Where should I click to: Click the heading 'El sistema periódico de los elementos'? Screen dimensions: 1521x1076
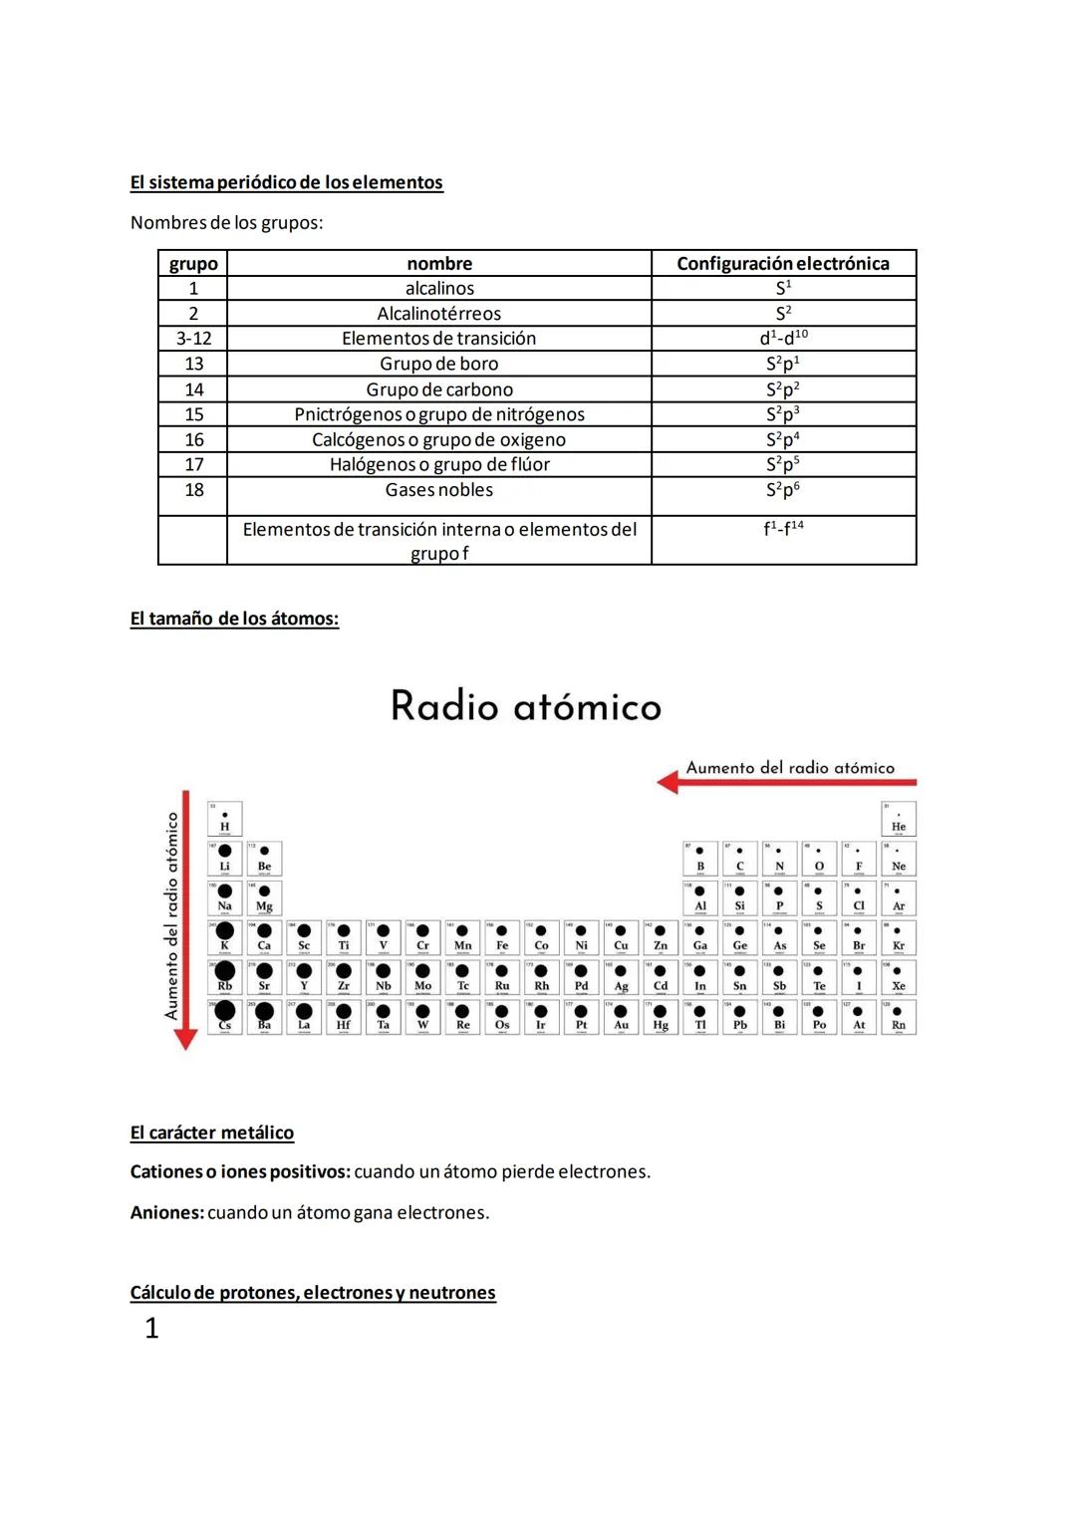pyautogui.click(x=286, y=182)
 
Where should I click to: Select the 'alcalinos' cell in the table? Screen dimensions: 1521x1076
pyautogui.click(x=439, y=288)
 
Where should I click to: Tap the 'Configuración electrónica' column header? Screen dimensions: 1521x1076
pyautogui.click(x=783, y=263)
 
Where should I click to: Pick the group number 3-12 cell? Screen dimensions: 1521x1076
pyautogui.click(x=193, y=339)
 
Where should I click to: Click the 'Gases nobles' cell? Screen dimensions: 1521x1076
pyautogui.click(x=439, y=490)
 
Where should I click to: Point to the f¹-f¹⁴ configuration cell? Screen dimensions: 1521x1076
pyautogui.click(x=783, y=529)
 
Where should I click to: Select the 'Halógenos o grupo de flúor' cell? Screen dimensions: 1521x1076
pyautogui.click(x=439, y=464)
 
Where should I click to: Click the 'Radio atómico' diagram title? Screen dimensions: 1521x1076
pyautogui.click(x=526, y=706)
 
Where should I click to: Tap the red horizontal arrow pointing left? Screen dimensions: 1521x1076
pyautogui.click(x=787, y=783)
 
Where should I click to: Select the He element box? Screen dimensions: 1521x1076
pyautogui.click(x=899, y=819)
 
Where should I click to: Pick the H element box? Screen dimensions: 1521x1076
pyautogui.click(x=225, y=819)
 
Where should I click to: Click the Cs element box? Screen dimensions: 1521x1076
pyautogui.click(x=225, y=1017)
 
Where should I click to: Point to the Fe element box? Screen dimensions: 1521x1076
pyautogui.click(x=502, y=937)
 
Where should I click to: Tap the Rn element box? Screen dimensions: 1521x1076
pyautogui.click(x=899, y=1017)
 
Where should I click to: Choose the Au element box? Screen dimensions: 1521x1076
pyautogui.click(x=621, y=1017)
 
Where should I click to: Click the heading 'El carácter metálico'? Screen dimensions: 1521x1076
pyautogui.click(x=211, y=1133)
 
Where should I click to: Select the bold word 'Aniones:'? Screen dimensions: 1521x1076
pyautogui.click(x=166, y=1212)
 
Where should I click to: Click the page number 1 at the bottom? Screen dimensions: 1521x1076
pyautogui.click(x=151, y=1328)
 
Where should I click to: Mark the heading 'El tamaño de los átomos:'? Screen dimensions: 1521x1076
pyautogui.click(x=234, y=619)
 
